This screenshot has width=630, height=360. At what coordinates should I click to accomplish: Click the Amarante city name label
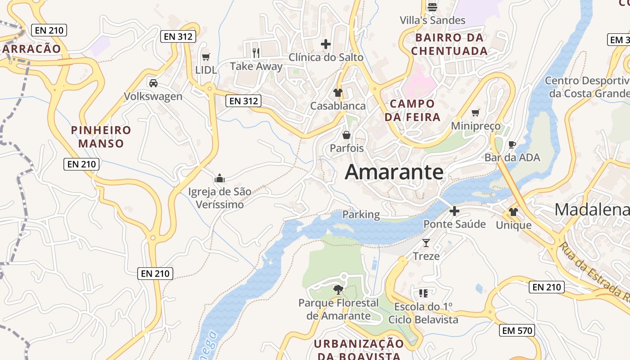pos(394,172)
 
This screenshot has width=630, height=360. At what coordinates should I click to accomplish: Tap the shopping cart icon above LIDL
pos(206,57)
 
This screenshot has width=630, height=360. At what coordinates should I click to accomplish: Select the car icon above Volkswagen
pos(153,83)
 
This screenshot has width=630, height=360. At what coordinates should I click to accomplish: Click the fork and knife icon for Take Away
pos(256,53)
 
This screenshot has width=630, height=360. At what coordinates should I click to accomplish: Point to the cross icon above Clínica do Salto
pos(325,44)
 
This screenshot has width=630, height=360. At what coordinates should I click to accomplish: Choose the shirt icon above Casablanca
pos(337,93)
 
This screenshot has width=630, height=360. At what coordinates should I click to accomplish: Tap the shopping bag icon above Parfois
pos(346,135)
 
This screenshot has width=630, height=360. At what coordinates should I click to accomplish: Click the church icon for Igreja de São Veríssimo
pos(220,178)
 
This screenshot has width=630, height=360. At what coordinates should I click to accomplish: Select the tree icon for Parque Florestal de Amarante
pos(338,289)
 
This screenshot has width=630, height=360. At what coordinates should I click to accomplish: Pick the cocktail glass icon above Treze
pos(426,243)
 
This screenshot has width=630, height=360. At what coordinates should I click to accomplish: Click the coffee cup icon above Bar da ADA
pos(512,144)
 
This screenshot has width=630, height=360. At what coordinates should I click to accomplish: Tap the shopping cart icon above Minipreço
pos(475,112)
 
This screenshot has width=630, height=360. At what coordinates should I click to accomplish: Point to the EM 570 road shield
pos(517,331)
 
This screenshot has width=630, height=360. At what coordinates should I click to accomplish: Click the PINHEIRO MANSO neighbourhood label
pos(101,137)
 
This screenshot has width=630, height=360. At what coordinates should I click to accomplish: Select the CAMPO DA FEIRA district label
pos(412,110)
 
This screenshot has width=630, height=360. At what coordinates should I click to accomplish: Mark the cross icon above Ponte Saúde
pos(454,211)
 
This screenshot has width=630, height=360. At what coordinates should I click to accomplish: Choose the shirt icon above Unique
pos(513,212)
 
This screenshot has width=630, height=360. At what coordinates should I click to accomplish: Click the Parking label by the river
pos(361,215)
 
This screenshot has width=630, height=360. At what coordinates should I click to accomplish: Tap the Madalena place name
pos(592,210)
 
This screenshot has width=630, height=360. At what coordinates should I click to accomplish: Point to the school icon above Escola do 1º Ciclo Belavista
pos(423,293)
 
